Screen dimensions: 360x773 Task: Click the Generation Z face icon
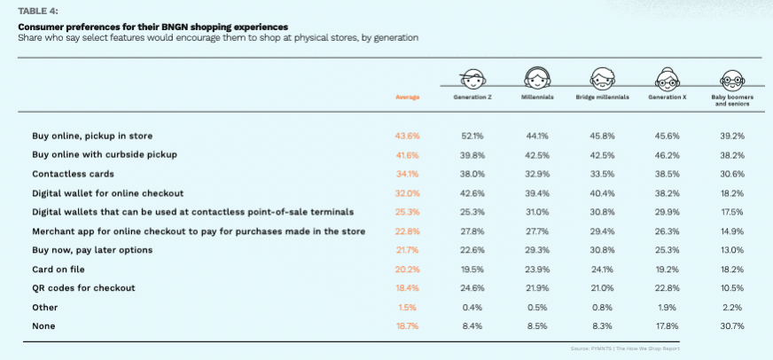pyautogui.click(x=471, y=77)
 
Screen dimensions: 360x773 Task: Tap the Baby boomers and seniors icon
pyautogui.click(x=731, y=77)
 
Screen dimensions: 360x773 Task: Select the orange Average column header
pyautogui.click(x=407, y=97)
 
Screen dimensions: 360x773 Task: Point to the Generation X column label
pyautogui.click(x=667, y=97)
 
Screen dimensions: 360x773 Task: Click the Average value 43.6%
pyautogui.click(x=407, y=135)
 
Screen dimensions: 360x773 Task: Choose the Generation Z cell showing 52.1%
pyautogui.click(x=472, y=135)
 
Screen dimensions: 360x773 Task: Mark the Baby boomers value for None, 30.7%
pyautogui.click(x=731, y=327)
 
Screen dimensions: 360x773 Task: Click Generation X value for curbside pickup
pyautogui.click(x=667, y=154)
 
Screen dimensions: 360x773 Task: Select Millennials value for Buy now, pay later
pyautogui.click(x=537, y=250)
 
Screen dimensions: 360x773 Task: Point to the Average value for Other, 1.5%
pyautogui.click(x=407, y=308)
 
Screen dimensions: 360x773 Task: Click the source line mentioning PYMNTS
pyautogui.click(x=631, y=348)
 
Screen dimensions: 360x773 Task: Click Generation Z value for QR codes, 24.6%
pyautogui.click(x=472, y=288)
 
